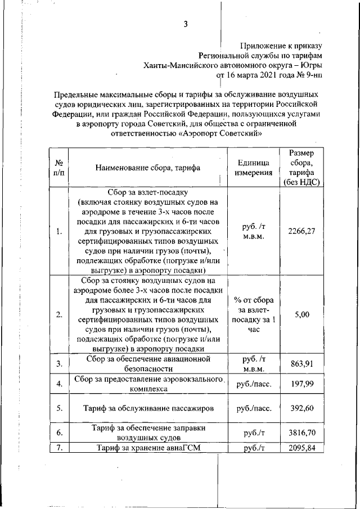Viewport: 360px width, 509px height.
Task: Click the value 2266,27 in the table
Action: click(301, 231)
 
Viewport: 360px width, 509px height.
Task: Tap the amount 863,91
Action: click(301, 364)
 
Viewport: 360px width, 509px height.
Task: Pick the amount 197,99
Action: click(301, 384)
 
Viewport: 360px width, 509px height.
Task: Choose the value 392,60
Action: click(301, 408)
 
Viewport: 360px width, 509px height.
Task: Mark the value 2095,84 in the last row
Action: click(301, 448)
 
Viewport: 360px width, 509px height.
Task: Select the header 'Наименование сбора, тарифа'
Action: click(148, 168)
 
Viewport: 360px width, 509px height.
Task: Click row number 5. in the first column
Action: click(59, 408)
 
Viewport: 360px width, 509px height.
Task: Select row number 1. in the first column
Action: click(59, 231)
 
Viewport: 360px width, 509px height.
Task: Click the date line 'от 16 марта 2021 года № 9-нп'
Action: click(269, 74)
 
